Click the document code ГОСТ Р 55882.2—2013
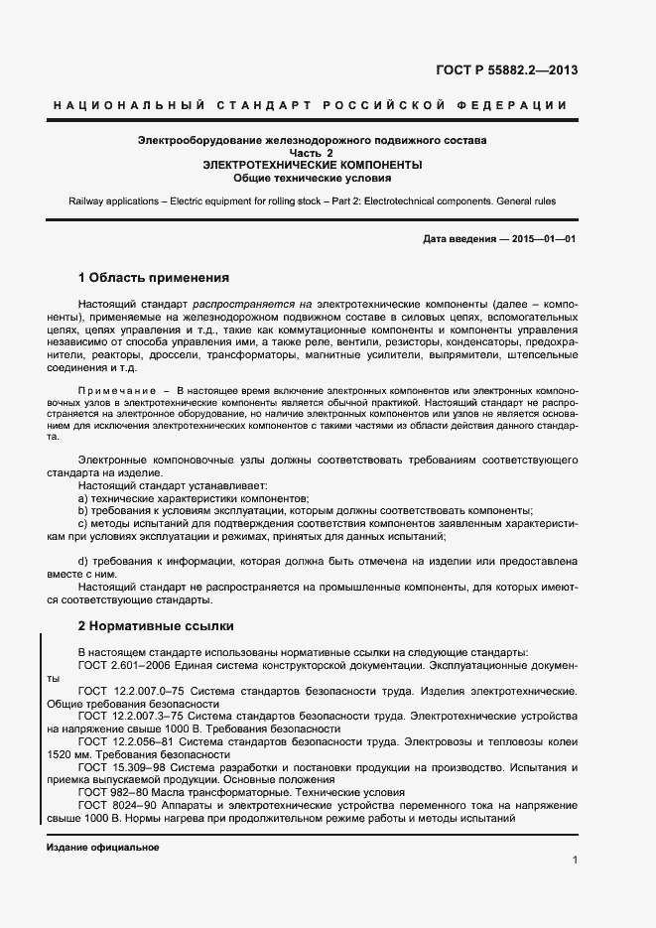[507, 70]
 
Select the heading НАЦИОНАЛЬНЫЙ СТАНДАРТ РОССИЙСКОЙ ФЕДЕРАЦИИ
[309, 105]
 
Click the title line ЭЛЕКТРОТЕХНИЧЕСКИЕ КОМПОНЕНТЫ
[312, 166]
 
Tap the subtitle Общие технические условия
[312, 179]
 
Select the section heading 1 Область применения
[154, 278]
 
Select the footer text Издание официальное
[102, 849]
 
